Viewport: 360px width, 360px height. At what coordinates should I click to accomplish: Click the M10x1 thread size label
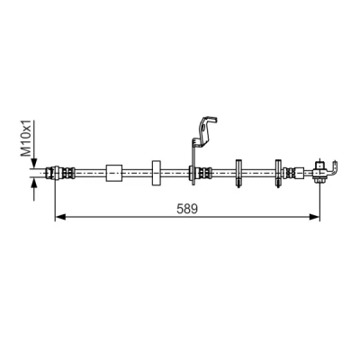click(26, 139)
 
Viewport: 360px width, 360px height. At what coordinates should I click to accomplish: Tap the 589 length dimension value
click(187, 209)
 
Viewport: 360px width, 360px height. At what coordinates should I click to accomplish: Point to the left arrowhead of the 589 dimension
click(61, 217)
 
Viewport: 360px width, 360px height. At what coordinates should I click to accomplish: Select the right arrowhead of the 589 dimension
click(314, 217)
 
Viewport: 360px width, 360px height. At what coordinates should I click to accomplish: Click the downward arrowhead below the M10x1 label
click(34, 164)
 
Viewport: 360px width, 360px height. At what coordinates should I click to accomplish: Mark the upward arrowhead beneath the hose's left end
click(34, 183)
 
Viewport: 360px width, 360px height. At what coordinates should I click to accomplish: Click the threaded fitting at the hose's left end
click(60, 173)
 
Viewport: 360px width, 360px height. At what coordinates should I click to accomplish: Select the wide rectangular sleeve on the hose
click(114, 173)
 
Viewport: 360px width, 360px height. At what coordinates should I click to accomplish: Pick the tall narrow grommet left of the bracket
click(157, 173)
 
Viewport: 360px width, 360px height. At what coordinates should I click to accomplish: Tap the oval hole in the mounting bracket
click(204, 130)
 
